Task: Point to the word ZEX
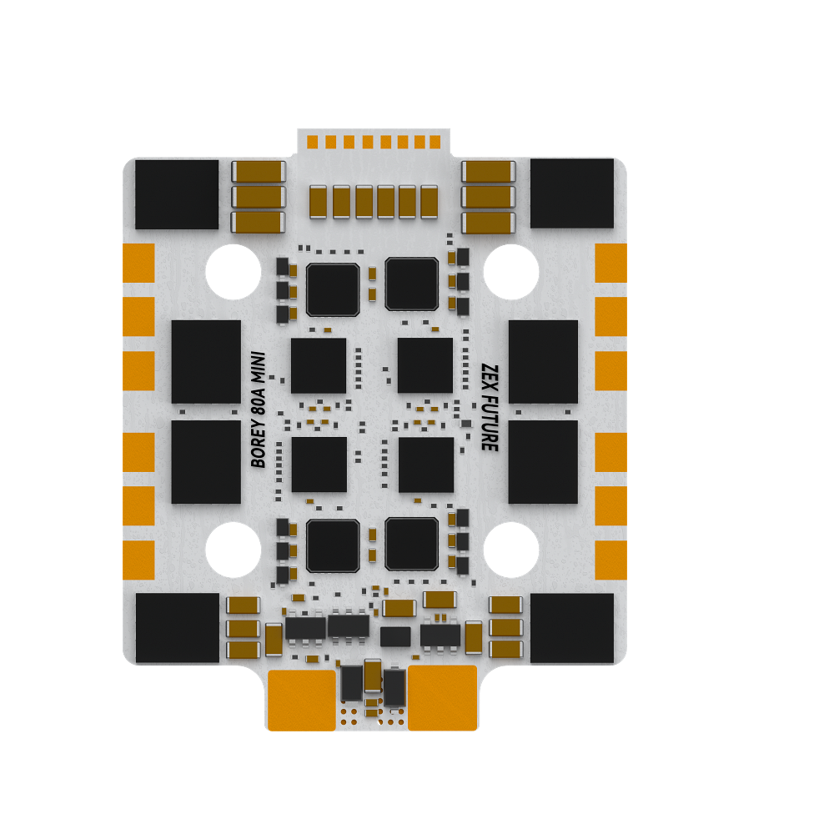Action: pyautogui.click(x=490, y=375)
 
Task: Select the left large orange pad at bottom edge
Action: pyautogui.click(x=301, y=699)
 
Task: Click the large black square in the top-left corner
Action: pyautogui.click(x=177, y=194)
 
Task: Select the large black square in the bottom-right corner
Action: pyautogui.click(x=572, y=628)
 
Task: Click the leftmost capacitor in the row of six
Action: pyautogui.click(x=319, y=202)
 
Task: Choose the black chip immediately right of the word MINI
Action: pyautogui.click(x=319, y=365)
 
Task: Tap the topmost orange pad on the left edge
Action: pyautogui.click(x=139, y=263)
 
